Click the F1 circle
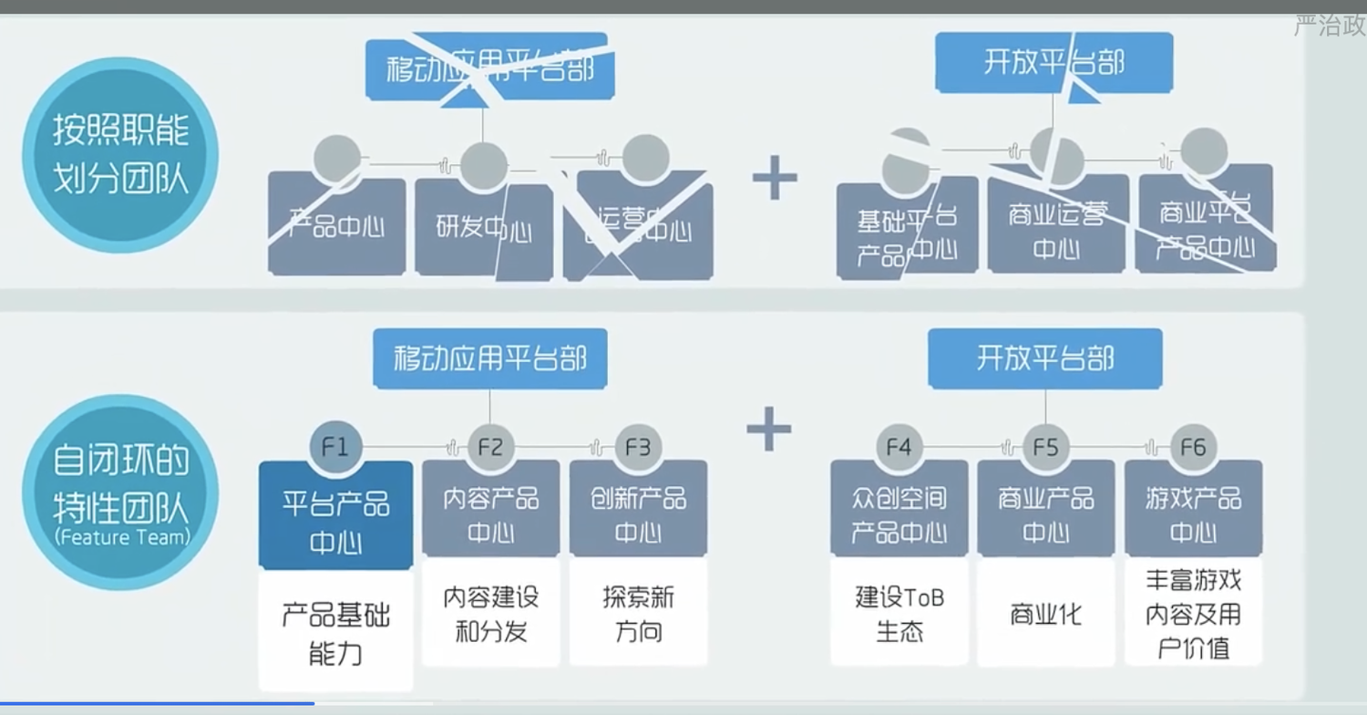click(x=335, y=447)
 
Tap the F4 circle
click(x=899, y=447)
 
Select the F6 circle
click(x=1193, y=447)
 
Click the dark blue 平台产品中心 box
click(x=335, y=515)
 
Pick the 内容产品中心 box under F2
click(x=491, y=513)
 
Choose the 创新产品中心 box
click(x=638, y=513)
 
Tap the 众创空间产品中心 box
click(x=899, y=513)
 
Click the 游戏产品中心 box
click(x=1193, y=513)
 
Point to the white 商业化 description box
click(x=1045, y=613)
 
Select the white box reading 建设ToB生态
click(x=899, y=613)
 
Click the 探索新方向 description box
click(x=638, y=613)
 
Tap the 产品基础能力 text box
click(x=335, y=632)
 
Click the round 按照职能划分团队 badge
click(x=119, y=155)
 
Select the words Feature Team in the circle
click(x=121, y=537)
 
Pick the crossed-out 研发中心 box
click(x=483, y=227)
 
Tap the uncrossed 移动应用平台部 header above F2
click(x=489, y=358)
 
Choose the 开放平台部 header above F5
click(x=1044, y=358)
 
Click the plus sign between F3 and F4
click(x=769, y=429)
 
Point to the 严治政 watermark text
click(x=1329, y=26)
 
